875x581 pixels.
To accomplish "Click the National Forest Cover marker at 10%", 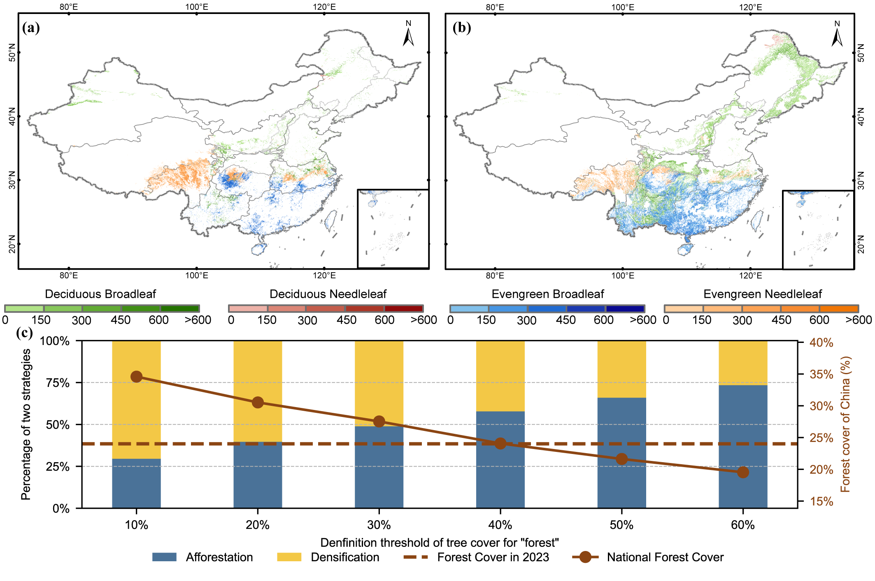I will point(136,377).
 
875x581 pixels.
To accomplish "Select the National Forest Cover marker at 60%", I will point(743,472).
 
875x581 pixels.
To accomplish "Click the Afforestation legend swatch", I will point(164,557).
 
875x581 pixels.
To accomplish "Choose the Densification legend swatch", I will point(289,557).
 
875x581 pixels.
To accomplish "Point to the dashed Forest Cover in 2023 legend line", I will point(416,557).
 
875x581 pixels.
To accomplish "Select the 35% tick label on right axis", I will point(821,374).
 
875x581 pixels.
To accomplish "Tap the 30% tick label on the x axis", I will point(379,525).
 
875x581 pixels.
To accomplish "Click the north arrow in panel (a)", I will point(408,35).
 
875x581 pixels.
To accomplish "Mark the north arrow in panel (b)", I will point(837,35).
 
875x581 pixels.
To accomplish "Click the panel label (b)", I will point(461,28).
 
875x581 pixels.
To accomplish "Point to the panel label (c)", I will point(24,332).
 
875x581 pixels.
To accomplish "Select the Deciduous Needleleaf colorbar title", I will point(328,294).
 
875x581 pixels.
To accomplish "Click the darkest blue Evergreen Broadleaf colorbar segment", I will point(625,308).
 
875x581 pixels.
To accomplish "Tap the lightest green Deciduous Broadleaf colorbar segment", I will point(24,308).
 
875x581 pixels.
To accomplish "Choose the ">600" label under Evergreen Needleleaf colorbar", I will point(859,320).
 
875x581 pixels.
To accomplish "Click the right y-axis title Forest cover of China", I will point(845,424).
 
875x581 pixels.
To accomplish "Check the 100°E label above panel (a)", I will point(196,7).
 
